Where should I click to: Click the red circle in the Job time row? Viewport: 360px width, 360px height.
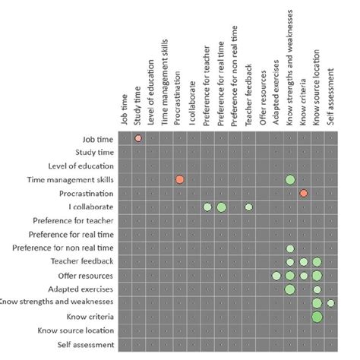point(138,138)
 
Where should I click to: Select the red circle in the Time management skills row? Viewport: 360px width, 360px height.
point(180,179)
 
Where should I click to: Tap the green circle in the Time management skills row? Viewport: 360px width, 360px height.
point(290,179)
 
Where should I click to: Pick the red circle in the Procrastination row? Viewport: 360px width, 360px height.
point(304,193)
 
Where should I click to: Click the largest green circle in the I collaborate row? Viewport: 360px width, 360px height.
point(221,207)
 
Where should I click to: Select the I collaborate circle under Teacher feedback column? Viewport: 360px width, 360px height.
point(248,207)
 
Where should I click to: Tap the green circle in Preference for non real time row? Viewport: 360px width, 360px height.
point(290,248)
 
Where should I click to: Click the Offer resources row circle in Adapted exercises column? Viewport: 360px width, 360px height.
point(276,276)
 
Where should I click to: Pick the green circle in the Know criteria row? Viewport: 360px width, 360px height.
point(317,317)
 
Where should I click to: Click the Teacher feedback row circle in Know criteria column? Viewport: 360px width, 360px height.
point(304,262)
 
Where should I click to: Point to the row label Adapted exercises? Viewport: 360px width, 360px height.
point(84,289)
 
